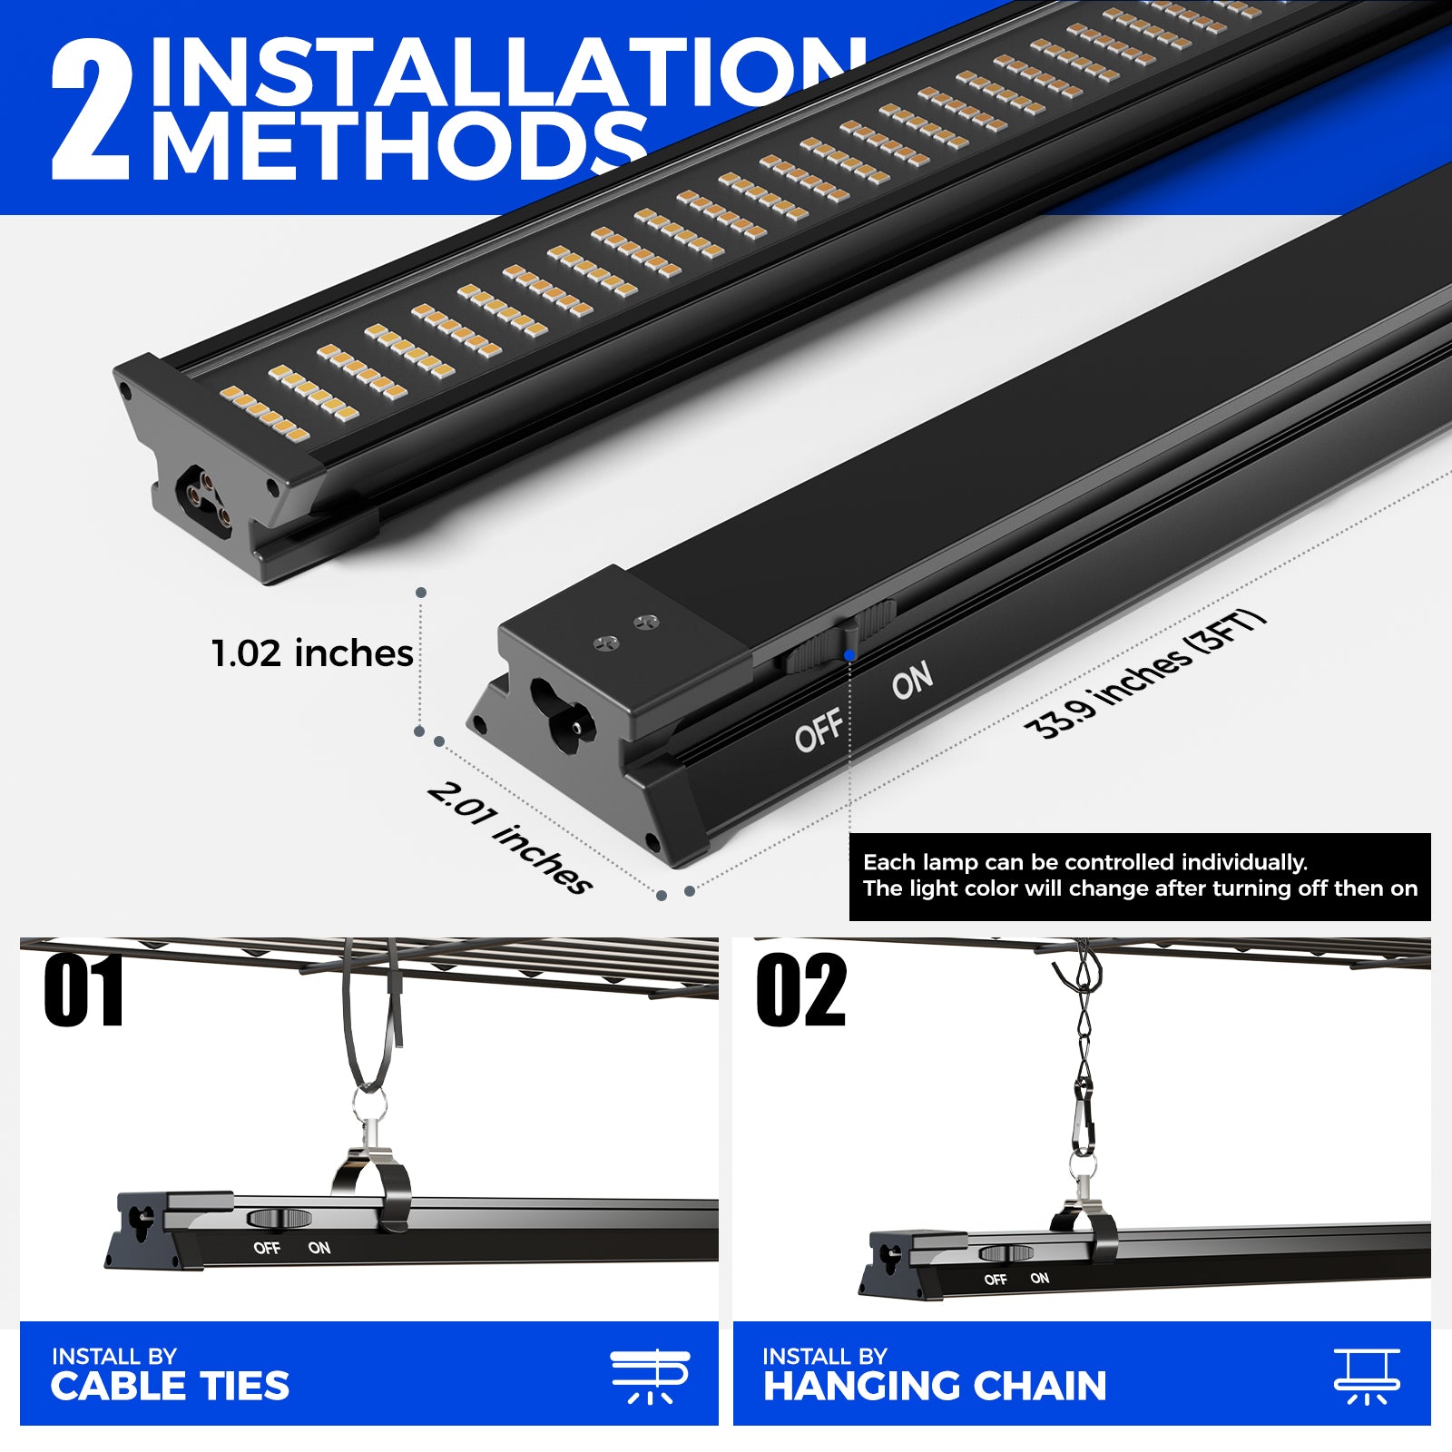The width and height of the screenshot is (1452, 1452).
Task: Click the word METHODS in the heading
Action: (399, 145)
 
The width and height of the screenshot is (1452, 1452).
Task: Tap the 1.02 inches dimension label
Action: (312, 653)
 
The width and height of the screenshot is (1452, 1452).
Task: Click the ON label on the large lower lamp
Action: (912, 680)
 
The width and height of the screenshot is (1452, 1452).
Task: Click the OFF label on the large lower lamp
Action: (819, 731)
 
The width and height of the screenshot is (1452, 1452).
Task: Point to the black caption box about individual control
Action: (1140, 877)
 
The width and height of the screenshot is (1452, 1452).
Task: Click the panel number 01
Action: (83, 990)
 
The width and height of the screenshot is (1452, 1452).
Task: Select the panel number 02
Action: (801, 990)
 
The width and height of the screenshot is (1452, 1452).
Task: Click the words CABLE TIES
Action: (170, 1386)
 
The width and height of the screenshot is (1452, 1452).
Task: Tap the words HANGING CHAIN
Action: (935, 1386)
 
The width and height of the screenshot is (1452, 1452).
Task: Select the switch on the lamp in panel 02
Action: (1006, 1253)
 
